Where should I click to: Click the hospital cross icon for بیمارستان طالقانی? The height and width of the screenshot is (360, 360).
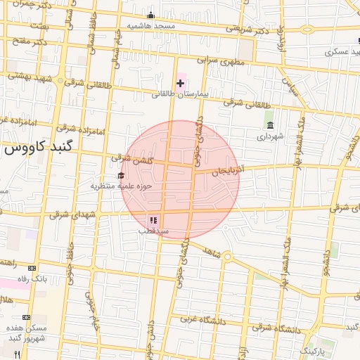(x=180, y=83)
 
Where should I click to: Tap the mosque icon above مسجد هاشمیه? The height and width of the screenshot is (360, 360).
(x=150, y=15)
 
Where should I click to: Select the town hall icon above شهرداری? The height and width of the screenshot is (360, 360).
(x=270, y=125)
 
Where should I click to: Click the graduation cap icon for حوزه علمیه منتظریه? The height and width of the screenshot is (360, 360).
(x=121, y=176)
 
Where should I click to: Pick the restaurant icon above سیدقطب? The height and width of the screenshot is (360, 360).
(x=153, y=221)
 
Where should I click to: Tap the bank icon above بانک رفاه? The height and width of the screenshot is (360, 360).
(x=32, y=268)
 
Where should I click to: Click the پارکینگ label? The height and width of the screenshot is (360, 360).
(x=314, y=349)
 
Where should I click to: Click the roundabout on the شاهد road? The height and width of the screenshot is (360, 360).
(x=228, y=257)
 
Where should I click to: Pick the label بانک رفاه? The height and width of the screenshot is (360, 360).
(x=32, y=278)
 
